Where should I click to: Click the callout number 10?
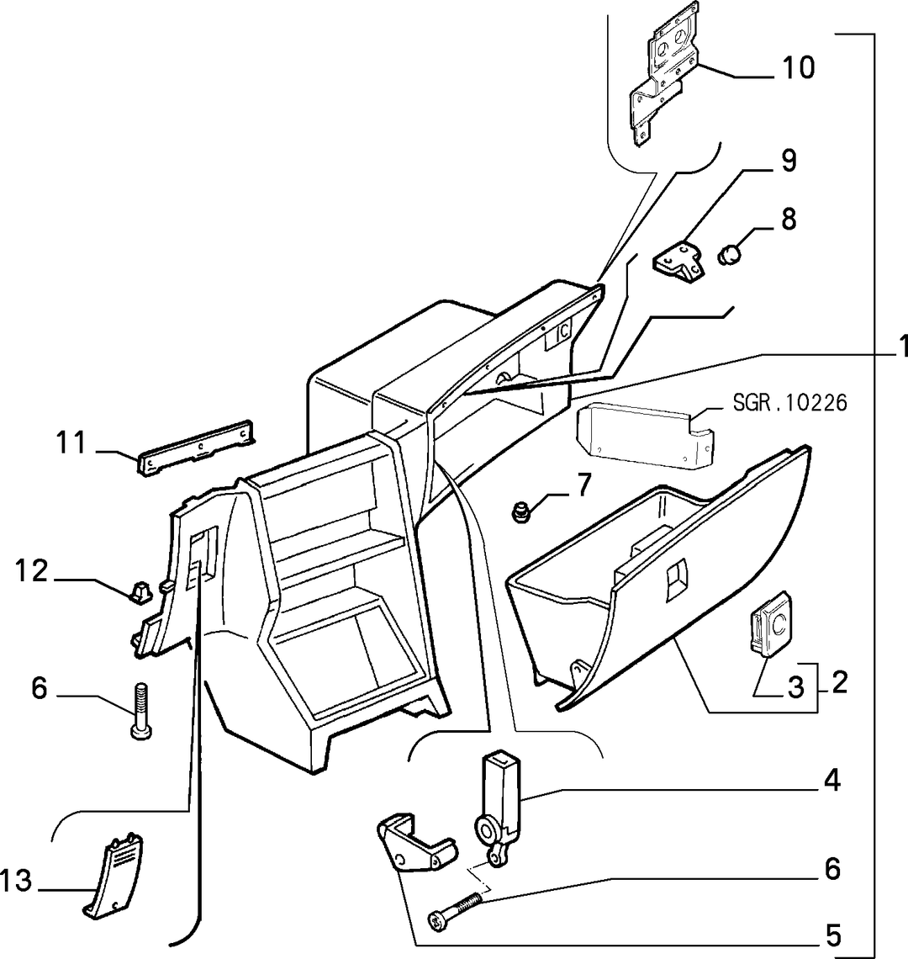click(x=799, y=67)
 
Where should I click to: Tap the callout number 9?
click(x=789, y=161)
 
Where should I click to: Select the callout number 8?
click(x=789, y=219)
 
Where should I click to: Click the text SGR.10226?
click(x=790, y=403)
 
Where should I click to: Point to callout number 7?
click(x=584, y=485)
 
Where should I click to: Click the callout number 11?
click(x=71, y=442)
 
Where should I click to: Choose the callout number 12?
click(x=32, y=570)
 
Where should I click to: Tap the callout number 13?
click(x=16, y=882)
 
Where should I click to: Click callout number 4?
click(x=832, y=781)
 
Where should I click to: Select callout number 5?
click(x=833, y=935)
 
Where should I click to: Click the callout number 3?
click(x=795, y=687)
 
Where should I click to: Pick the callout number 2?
click(x=840, y=682)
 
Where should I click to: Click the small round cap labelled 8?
click(x=729, y=254)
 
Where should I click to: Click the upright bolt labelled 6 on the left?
click(x=140, y=712)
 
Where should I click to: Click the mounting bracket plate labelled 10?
click(x=663, y=72)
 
